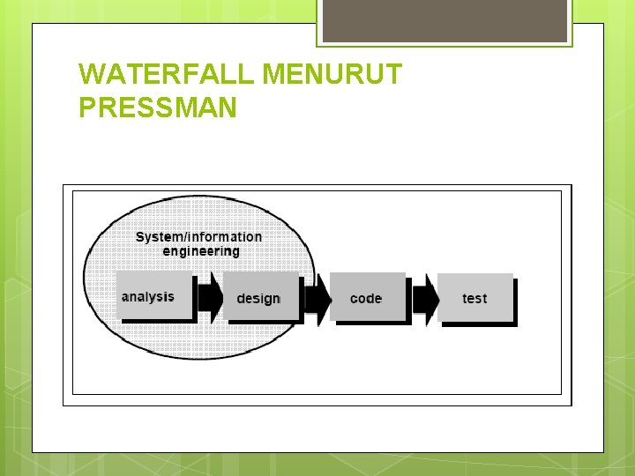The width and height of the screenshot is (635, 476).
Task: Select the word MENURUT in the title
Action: click(x=332, y=75)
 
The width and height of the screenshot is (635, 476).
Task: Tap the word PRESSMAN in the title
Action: click(x=157, y=108)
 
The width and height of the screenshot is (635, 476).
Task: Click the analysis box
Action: click(x=153, y=295)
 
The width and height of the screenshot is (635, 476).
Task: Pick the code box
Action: click(x=367, y=298)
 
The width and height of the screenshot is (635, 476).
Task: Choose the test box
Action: click(x=474, y=298)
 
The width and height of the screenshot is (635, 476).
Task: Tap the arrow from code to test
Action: click(x=425, y=298)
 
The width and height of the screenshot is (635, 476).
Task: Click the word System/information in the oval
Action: click(x=198, y=236)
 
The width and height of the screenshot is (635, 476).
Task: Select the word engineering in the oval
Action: click(x=201, y=251)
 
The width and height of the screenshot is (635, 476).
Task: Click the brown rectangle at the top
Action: click(x=444, y=20)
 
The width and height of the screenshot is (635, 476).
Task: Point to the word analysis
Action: click(x=147, y=297)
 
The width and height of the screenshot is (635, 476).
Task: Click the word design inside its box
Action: click(x=258, y=299)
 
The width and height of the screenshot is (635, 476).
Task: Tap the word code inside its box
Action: click(x=365, y=299)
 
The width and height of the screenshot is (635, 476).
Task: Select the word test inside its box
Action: click(x=474, y=299)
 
